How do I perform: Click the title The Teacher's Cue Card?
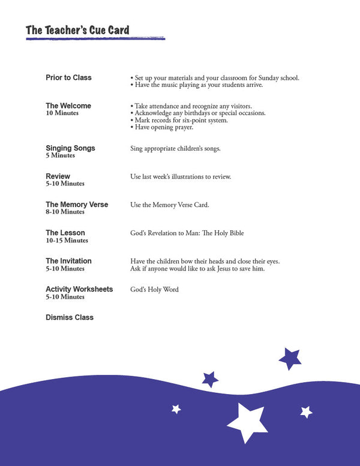click(77, 31)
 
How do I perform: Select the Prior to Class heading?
click(68, 78)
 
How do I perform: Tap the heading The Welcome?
click(68, 106)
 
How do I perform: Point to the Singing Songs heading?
click(70, 148)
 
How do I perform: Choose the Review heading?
click(58, 176)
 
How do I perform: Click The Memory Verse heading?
click(77, 205)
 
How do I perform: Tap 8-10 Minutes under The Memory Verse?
click(65, 212)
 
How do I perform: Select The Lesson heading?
click(65, 233)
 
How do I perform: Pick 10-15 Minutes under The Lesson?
click(67, 240)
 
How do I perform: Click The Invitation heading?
click(68, 261)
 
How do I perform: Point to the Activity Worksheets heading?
click(79, 289)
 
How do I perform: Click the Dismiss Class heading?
click(70, 317)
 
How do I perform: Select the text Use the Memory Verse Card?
click(170, 205)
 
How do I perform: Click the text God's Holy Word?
click(154, 290)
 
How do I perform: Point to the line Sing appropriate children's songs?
click(175, 148)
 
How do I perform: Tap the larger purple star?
click(290, 359)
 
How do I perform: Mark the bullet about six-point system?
click(179, 120)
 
